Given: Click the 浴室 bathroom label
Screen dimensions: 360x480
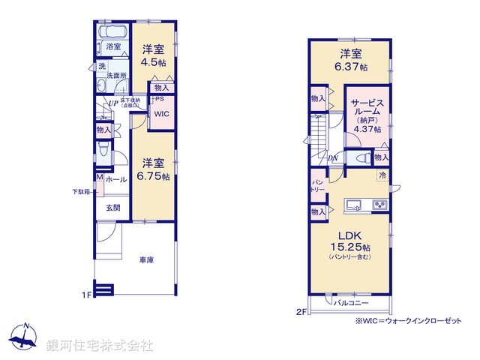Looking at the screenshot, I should click(x=113, y=47).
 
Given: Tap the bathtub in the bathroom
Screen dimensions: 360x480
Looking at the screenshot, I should click(x=113, y=32).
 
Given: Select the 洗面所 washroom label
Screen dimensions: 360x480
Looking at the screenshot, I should click(x=115, y=75).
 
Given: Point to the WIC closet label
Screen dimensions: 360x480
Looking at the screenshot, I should click(x=160, y=114).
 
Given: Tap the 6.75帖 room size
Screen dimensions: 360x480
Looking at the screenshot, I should click(x=154, y=177).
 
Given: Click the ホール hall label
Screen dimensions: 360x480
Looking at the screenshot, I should click(x=115, y=180).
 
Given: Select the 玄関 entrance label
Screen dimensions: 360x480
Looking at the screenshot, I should click(x=112, y=207).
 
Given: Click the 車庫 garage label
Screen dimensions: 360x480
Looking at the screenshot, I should click(x=146, y=260).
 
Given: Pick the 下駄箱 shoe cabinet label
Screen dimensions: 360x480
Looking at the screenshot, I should click(x=82, y=192).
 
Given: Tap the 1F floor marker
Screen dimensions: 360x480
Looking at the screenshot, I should click(x=86, y=295).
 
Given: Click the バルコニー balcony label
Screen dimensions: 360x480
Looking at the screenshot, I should click(x=351, y=304).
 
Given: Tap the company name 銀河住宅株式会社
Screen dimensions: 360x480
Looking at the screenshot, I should click(x=100, y=346).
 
